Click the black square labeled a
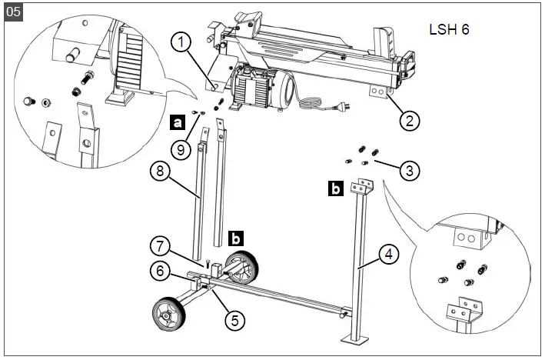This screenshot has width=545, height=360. (x=178, y=121)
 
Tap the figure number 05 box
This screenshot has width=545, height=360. (x=13, y=12)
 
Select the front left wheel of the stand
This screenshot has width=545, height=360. (x=168, y=315)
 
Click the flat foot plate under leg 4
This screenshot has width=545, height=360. (x=355, y=339)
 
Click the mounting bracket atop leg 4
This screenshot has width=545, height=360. (x=360, y=186)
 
